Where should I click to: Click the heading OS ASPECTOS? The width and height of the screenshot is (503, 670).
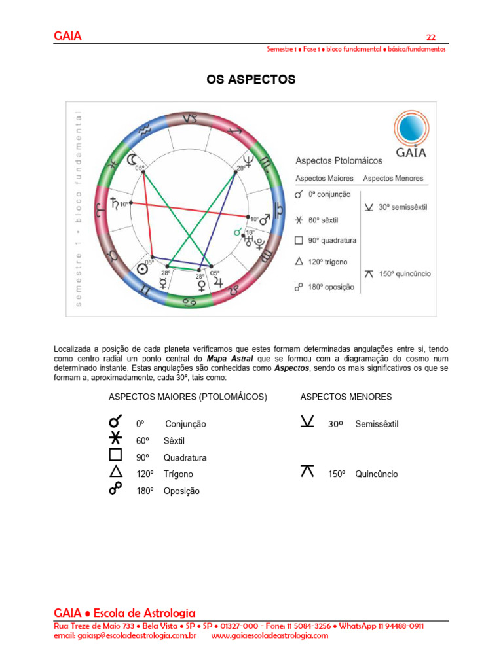click(x=251, y=80)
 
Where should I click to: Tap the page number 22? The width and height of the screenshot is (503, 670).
click(x=431, y=37)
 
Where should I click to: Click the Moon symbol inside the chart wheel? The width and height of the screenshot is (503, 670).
click(x=134, y=159)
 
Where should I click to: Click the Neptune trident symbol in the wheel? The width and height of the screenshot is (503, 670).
click(x=248, y=160)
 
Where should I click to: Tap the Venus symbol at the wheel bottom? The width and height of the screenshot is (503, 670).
click(x=200, y=285)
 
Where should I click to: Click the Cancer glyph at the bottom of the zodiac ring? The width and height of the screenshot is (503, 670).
click(x=190, y=302)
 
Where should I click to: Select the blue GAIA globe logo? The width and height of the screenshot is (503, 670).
click(x=411, y=129)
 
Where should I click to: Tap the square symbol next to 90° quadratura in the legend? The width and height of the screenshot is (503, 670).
click(x=299, y=240)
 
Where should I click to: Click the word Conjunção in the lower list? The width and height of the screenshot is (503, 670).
click(x=185, y=424)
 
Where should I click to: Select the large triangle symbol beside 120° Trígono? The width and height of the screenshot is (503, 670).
click(x=116, y=472)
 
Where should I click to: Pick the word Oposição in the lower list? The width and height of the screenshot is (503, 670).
click(x=181, y=491)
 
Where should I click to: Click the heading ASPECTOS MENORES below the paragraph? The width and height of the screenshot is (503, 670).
click(x=346, y=397)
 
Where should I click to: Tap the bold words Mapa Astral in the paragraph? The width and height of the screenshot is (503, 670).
click(x=231, y=359)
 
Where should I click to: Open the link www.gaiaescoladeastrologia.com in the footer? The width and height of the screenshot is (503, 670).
click(x=270, y=635)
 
